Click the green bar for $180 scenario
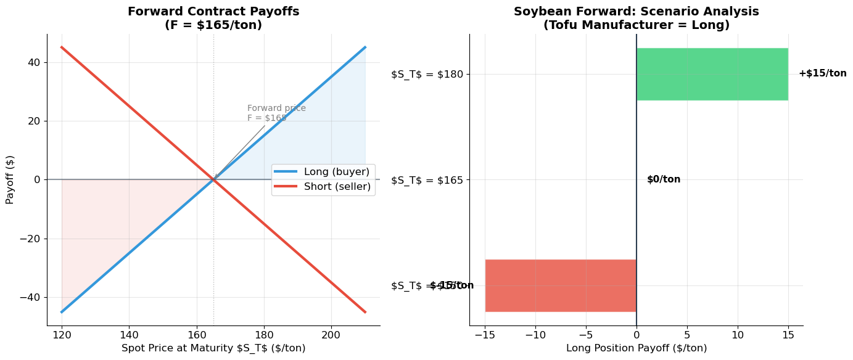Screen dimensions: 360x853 pyautogui.click(x=712, y=74)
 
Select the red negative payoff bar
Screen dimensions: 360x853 pyautogui.click(x=561, y=285)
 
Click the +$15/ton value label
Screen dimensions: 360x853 pyautogui.click(x=822, y=73)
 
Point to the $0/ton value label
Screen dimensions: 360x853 pyautogui.click(x=664, y=179)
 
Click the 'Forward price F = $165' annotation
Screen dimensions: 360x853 pyautogui.click(x=276, y=113)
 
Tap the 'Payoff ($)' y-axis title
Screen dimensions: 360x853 pyautogui.click(x=10, y=179)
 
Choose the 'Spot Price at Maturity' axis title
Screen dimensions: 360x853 pyautogui.click(x=213, y=348)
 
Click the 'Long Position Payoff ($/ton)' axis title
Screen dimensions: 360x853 pyautogui.click(x=636, y=348)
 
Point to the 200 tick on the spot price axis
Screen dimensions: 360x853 pyautogui.click(x=331, y=336)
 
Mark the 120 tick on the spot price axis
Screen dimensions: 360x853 pyautogui.click(x=61, y=336)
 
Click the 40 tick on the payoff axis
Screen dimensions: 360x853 pyautogui.click(x=33, y=62)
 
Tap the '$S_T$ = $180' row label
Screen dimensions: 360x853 pyautogui.click(x=427, y=75)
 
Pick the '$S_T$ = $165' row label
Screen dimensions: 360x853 pyautogui.click(x=427, y=180)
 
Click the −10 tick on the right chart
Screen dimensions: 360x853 pyautogui.click(x=535, y=336)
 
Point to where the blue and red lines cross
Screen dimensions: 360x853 pyautogui.click(x=213, y=179)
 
